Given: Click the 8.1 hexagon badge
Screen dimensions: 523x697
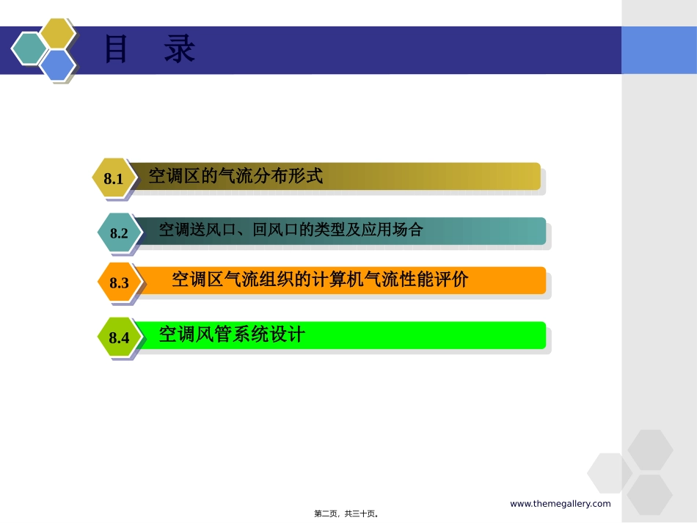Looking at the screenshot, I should [x=113, y=178].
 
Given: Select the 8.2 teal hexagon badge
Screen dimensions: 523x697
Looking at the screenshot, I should [x=118, y=233].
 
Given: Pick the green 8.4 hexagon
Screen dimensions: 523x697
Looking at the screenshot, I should [x=118, y=337].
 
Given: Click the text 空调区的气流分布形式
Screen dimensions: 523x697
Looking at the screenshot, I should [x=236, y=176].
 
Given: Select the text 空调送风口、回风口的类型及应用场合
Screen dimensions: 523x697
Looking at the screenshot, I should [x=291, y=230].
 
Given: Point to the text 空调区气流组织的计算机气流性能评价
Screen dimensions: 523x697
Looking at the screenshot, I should [x=319, y=279].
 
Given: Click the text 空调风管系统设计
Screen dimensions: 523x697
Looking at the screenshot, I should [x=232, y=335].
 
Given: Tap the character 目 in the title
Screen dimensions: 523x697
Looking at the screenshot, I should [x=116, y=50].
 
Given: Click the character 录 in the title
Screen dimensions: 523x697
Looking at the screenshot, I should [x=180, y=50].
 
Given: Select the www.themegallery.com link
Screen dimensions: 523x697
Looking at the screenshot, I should [x=560, y=503].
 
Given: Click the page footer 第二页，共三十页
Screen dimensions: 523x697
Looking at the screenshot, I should [x=346, y=514].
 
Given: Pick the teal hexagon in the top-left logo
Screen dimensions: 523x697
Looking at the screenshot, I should [x=29, y=48].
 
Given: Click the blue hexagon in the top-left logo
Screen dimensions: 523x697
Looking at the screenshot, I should [x=57, y=65].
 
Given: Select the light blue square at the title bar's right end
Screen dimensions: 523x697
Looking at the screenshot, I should [x=658, y=50].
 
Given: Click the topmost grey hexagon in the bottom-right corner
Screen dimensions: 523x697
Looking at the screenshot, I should [x=650, y=449].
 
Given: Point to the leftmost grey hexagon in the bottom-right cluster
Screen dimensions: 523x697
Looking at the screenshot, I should [x=609, y=472].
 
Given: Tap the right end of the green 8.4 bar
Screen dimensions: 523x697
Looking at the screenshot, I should [x=536, y=335].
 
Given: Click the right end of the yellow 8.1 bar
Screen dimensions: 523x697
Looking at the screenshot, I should [x=530, y=176].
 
